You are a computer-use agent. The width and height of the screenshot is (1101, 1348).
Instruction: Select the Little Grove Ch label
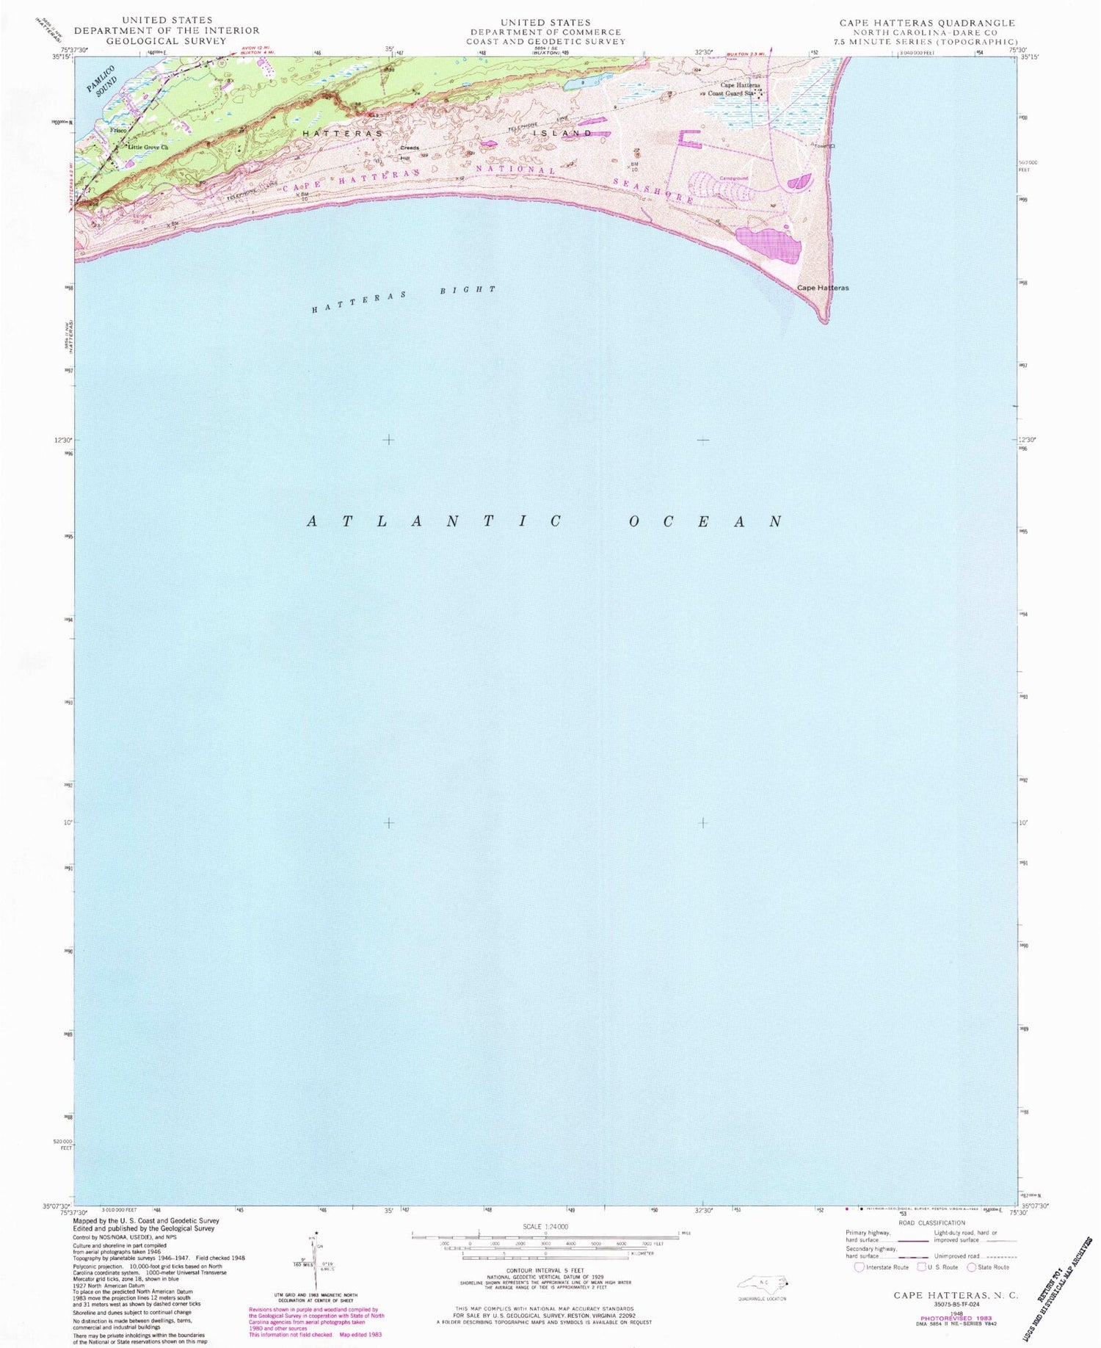[x=148, y=148]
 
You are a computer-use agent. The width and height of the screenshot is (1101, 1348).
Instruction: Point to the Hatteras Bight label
[x=404, y=299]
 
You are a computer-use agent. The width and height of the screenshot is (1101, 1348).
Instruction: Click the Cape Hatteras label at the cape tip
[x=823, y=288]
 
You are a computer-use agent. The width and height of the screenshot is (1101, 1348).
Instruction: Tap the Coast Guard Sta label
[x=730, y=94]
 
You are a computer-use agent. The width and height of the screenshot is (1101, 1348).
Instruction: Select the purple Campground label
[x=733, y=178]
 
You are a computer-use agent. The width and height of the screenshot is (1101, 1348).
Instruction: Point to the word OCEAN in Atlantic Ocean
[x=705, y=522]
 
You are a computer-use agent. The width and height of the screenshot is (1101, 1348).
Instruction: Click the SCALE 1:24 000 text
[x=545, y=1227]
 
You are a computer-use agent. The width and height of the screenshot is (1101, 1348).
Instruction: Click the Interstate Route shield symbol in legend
[x=860, y=1267]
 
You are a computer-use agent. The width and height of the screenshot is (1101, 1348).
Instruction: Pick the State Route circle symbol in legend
[x=972, y=1267]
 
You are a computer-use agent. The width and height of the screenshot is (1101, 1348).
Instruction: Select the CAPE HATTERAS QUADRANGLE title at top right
[x=927, y=23]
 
